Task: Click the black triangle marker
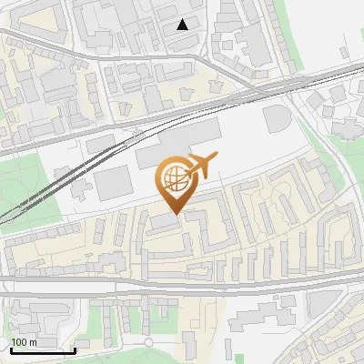(x=183, y=25)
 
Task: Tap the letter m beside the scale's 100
(x=35, y=342)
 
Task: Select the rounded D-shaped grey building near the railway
(x=275, y=119)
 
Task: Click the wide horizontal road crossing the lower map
(x=182, y=284)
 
